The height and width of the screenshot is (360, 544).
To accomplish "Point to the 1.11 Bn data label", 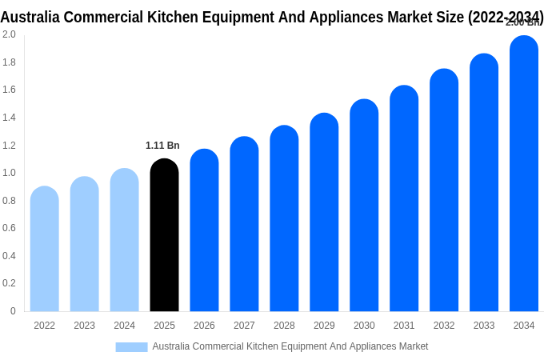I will [x=162, y=146].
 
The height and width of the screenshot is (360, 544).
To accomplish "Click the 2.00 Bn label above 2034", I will [x=524, y=22].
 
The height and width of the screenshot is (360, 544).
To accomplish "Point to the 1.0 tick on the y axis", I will [x=9, y=173].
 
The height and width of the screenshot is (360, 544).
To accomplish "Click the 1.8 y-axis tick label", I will [x=9, y=62].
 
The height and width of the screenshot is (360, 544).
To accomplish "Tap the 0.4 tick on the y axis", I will [x=9, y=256].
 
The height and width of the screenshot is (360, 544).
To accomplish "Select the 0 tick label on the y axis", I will [x=13, y=311].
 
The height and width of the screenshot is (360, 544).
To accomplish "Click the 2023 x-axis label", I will [x=84, y=326].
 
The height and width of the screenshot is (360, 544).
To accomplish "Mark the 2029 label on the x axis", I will [x=324, y=326].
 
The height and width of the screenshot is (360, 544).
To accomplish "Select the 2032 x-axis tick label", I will [x=444, y=326].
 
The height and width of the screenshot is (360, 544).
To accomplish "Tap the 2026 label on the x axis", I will [x=204, y=326].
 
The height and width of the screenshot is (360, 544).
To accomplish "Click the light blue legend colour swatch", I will [x=131, y=347].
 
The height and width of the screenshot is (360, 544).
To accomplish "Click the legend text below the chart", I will [x=290, y=346].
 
